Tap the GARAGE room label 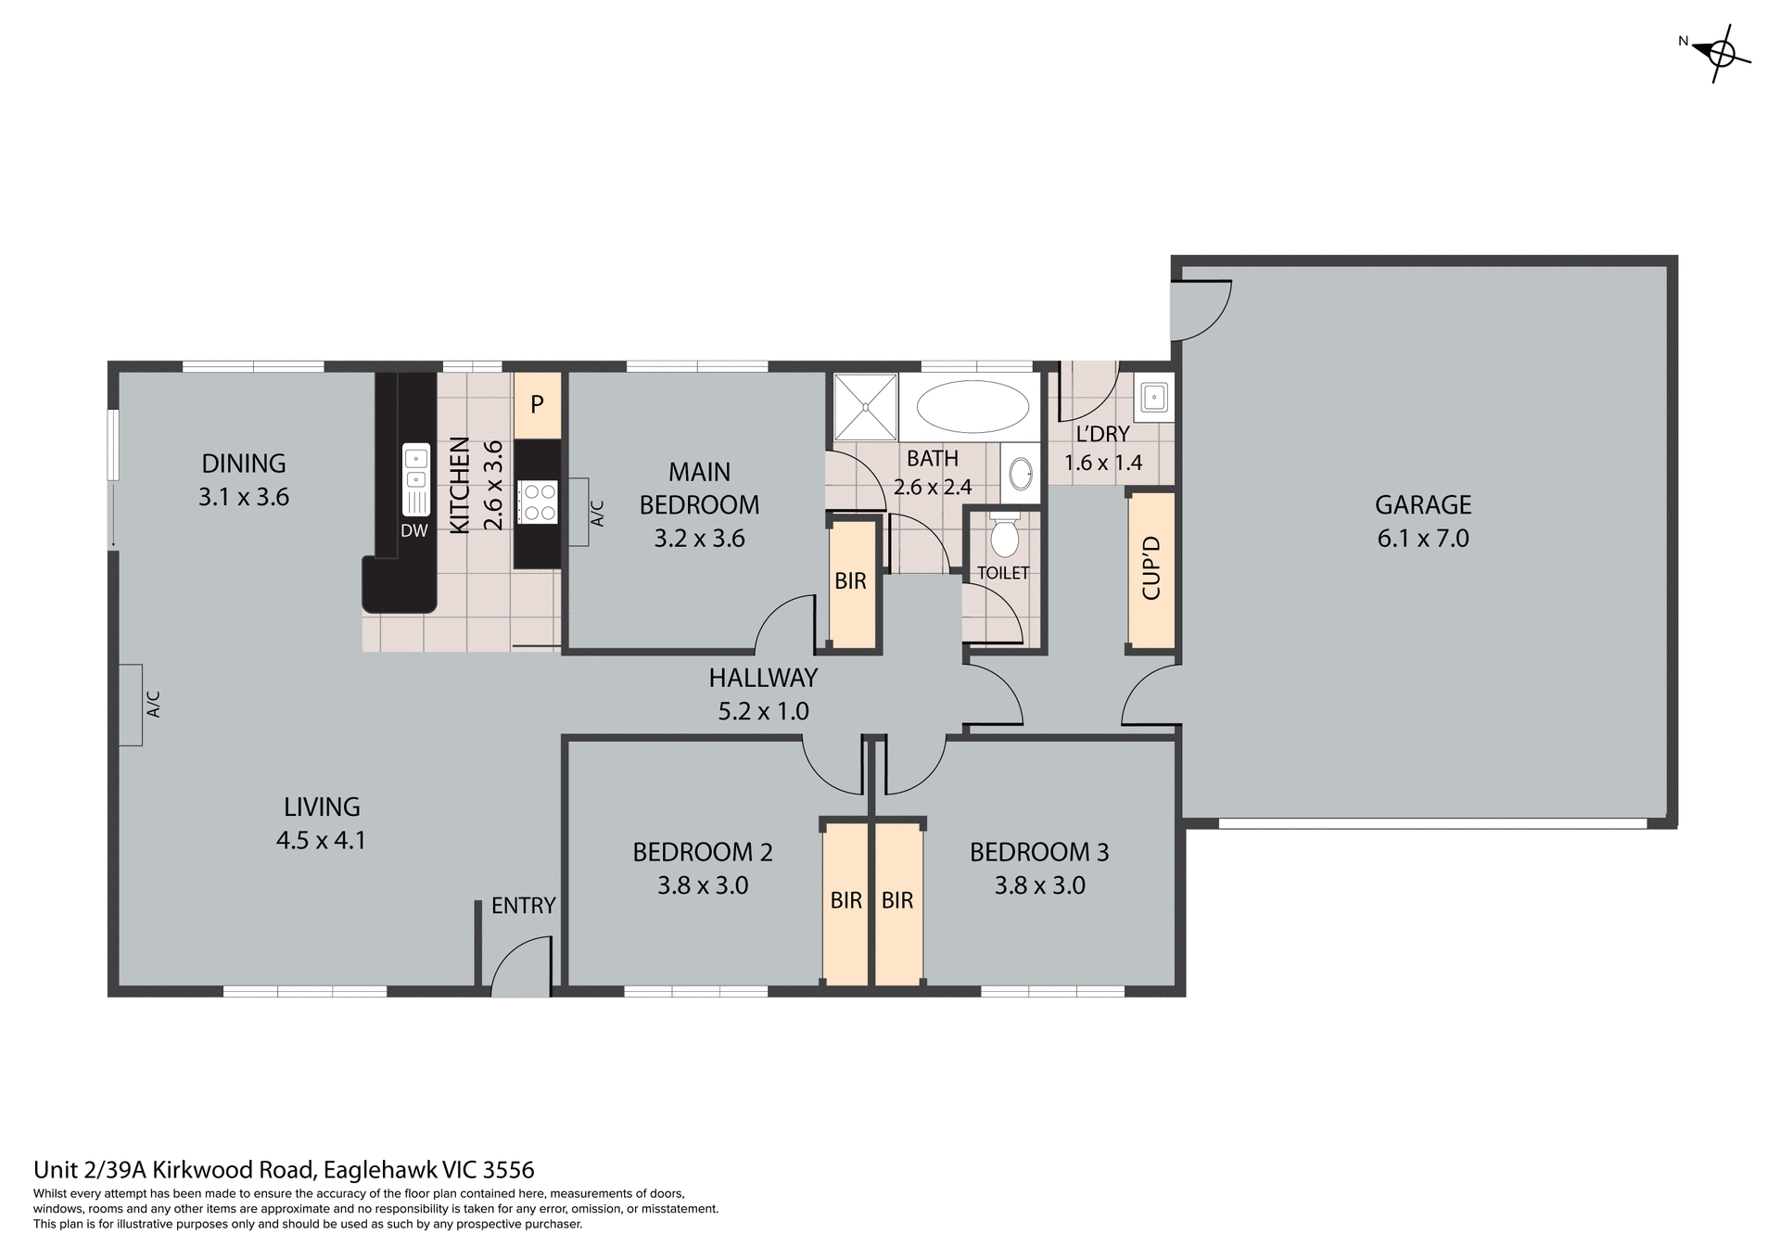click(x=1422, y=505)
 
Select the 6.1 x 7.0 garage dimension click(x=1422, y=539)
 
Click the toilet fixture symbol click(x=1004, y=537)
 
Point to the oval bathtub click(x=973, y=406)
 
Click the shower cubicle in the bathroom click(x=865, y=406)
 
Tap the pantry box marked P click(x=537, y=405)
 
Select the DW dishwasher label click(x=414, y=531)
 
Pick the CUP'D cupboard click(x=1151, y=569)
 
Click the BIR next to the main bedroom click(x=851, y=582)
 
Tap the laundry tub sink click(x=1153, y=398)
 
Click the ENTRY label click(x=523, y=906)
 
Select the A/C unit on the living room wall click(x=131, y=705)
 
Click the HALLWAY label click(x=763, y=678)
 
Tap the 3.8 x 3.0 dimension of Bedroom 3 click(x=1039, y=885)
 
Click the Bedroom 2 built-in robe click(x=845, y=901)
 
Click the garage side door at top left click(x=1199, y=309)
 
